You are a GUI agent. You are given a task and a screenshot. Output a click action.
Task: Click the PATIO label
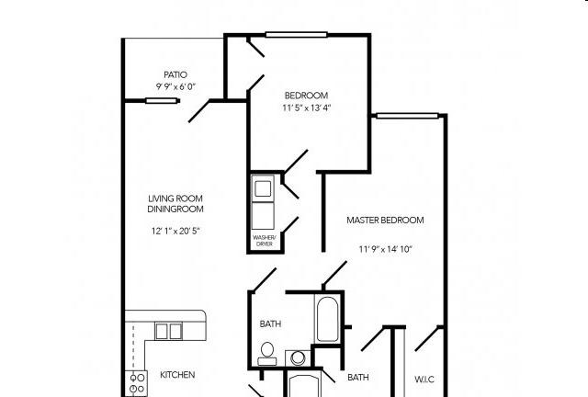point(175,74)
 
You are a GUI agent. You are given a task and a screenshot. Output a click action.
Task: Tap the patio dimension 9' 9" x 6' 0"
point(175,86)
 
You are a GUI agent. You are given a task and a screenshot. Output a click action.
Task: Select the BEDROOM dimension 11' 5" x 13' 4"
point(307,108)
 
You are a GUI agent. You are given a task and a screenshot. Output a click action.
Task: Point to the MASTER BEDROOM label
point(385,221)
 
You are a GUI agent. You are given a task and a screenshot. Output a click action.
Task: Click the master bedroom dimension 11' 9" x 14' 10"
point(386,249)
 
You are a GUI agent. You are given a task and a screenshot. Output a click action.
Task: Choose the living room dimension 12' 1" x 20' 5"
point(175,231)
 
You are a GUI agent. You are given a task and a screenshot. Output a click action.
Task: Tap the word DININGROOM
point(175,209)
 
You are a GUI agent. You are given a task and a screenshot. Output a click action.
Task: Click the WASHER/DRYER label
point(265,241)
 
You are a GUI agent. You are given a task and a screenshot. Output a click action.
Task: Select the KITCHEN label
point(177,375)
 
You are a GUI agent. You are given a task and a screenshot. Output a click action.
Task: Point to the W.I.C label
point(424,379)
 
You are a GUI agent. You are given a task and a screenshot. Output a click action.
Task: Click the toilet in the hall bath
point(267,354)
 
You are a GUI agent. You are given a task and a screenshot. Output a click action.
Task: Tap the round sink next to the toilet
point(298,358)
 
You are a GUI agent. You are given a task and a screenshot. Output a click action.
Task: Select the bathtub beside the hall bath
point(327,318)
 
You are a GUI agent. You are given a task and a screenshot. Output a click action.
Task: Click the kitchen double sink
point(169,332)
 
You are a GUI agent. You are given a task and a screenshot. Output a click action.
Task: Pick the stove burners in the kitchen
point(137,383)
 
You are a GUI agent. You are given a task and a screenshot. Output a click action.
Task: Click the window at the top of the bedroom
point(296,35)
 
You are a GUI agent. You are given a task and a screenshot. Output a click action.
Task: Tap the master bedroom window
point(407,116)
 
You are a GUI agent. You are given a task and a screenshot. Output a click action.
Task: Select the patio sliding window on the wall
point(162,100)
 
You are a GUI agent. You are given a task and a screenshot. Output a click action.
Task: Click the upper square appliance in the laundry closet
point(263,188)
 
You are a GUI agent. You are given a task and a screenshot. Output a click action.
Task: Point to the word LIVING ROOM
point(175,198)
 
